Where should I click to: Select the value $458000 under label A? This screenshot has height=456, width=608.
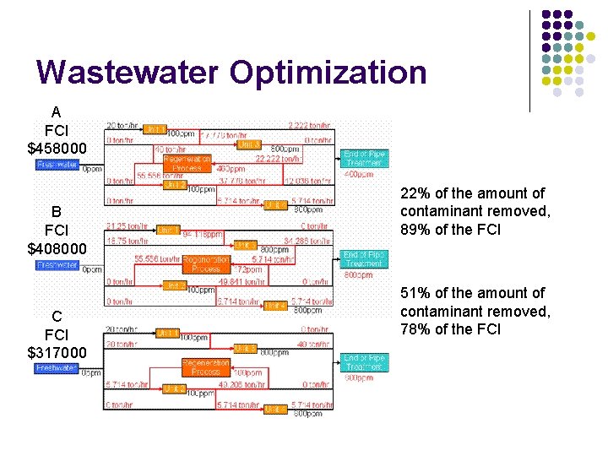coord(57,148)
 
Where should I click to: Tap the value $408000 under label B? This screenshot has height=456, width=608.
coord(57,247)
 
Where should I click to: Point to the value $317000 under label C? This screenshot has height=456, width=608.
coord(57,352)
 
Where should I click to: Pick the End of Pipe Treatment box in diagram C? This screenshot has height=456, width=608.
coord(363,362)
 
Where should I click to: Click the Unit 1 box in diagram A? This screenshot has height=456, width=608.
coord(154,129)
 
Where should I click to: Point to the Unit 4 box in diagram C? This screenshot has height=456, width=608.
coord(275,409)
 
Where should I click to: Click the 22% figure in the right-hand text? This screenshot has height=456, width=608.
coord(415,194)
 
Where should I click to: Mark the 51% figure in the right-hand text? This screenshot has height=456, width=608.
coord(415,293)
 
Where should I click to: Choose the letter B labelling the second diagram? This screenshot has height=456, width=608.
coord(57,211)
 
